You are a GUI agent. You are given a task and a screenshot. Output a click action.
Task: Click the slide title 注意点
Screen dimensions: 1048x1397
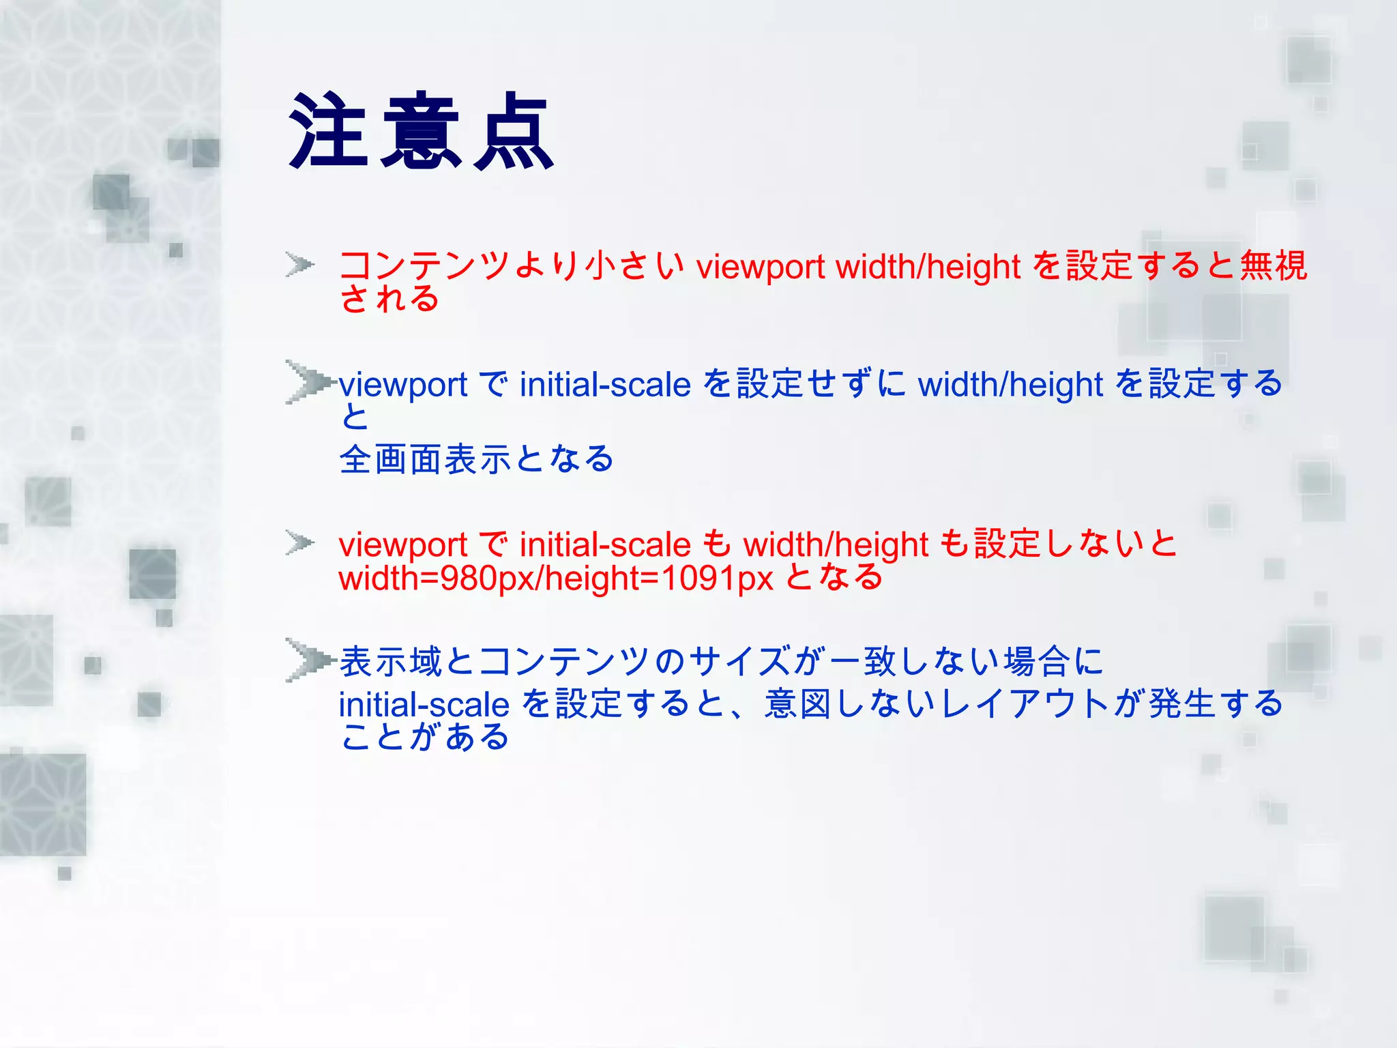(x=421, y=132)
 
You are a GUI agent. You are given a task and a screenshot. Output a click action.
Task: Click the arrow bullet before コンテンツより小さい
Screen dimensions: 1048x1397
(x=299, y=264)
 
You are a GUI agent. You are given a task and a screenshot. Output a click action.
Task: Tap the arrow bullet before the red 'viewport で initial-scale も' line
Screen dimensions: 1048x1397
(x=299, y=543)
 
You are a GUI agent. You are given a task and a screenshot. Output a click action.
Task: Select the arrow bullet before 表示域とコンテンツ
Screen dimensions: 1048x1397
(x=307, y=659)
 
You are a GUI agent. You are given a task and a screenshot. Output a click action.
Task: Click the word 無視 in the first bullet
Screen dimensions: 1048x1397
(x=1273, y=265)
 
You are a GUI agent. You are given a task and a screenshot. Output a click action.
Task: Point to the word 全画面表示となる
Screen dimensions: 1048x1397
(x=477, y=458)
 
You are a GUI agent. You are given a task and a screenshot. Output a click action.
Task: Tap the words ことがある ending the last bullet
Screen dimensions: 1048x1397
(x=424, y=737)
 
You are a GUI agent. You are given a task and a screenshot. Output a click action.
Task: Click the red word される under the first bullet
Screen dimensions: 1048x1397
(x=389, y=299)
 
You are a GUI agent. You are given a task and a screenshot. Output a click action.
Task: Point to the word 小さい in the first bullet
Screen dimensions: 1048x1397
(x=634, y=265)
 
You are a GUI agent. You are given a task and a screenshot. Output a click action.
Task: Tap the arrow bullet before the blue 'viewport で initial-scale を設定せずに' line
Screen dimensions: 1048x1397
(x=307, y=382)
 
